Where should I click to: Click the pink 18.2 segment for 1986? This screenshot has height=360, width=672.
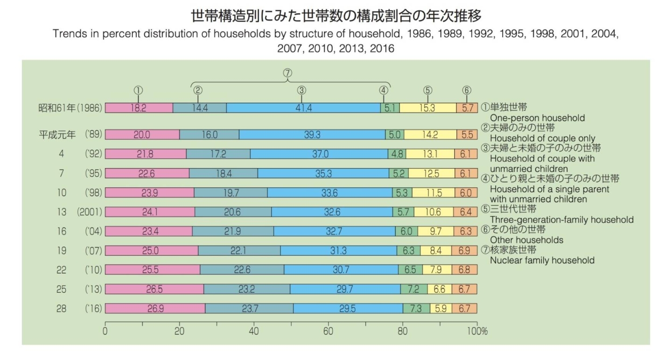pyautogui.click(x=139, y=108)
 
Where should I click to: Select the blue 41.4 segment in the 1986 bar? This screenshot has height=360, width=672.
pyautogui.click(x=303, y=108)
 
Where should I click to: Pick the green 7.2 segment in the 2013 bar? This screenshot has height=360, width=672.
pyautogui.click(x=413, y=289)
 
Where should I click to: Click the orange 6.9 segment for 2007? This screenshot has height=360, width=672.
pyautogui.click(x=464, y=250)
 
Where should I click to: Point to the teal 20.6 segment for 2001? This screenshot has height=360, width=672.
pyautogui.click(x=233, y=212)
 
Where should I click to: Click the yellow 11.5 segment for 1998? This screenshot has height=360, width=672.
pyautogui.click(x=434, y=192)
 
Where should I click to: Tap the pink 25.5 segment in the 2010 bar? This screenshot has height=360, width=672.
pyautogui.click(x=152, y=269)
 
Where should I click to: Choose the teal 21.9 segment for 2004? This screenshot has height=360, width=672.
pyautogui.click(x=232, y=231)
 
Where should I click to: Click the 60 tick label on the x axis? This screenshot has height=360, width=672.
pyautogui.click(x=328, y=332)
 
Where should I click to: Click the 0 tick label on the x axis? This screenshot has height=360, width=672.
pyautogui.click(x=105, y=332)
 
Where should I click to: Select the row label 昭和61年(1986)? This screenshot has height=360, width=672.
pyautogui.click(x=70, y=108)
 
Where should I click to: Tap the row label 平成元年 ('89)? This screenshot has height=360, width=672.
pyautogui.click(x=70, y=134)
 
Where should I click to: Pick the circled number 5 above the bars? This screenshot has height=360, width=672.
pyautogui.click(x=428, y=91)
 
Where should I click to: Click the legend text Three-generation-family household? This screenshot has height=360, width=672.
pyautogui.click(x=561, y=219)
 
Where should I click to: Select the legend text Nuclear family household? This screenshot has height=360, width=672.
pyautogui.click(x=542, y=260)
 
